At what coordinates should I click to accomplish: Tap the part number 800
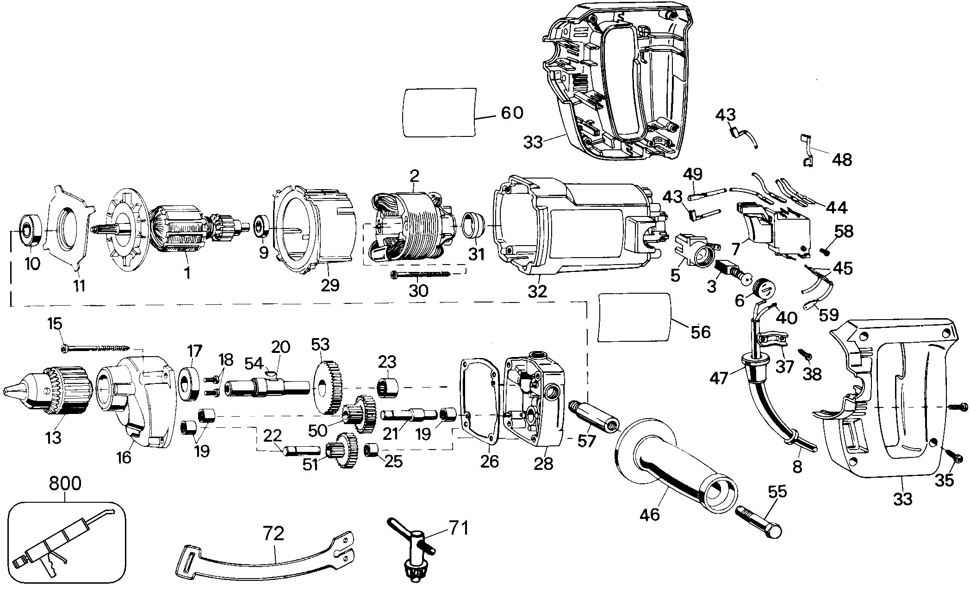(65, 484)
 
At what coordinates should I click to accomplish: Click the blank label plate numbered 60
(440, 112)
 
